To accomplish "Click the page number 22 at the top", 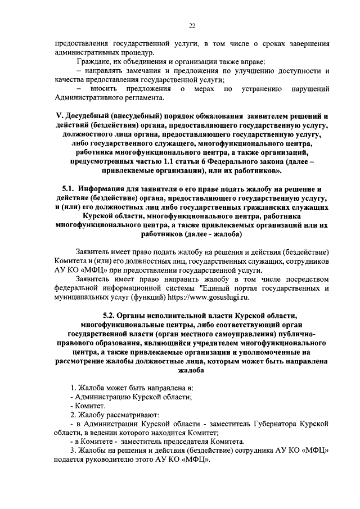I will [191, 25].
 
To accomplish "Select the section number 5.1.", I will [69, 188].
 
